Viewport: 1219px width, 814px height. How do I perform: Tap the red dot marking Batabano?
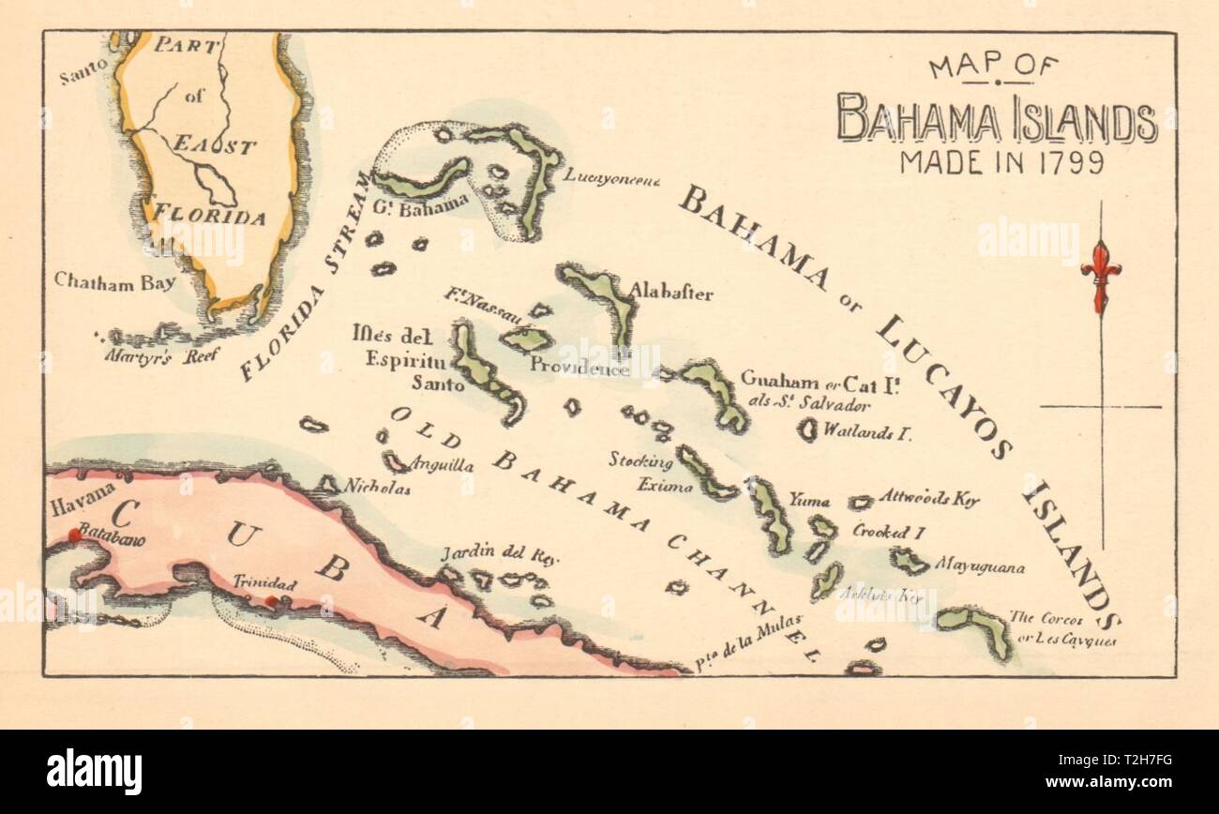pyautogui.click(x=74, y=535)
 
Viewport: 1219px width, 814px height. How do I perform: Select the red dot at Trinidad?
pyautogui.click(x=271, y=601)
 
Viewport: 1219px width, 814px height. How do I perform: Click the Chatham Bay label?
pyautogui.click(x=114, y=280)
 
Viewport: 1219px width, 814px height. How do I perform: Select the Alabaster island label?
pyautogui.click(x=670, y=293)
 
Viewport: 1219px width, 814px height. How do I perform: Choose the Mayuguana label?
pyautogui.click(x=979, y=567)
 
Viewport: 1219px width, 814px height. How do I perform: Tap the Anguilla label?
pyautogui.click(x=436, y=464)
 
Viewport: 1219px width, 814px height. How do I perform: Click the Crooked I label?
pyautogui.click(x=888, y=532)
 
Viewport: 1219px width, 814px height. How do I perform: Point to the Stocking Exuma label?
pyautogui.click(x=640, y=473)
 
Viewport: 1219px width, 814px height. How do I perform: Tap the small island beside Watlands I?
pyautogui.click(x=806, y=430)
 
